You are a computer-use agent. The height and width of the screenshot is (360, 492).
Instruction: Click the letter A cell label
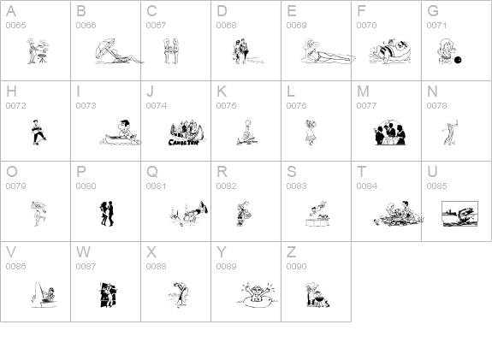click(x=11, y=11)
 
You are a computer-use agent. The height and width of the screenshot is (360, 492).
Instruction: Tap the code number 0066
click(x=86, y=26)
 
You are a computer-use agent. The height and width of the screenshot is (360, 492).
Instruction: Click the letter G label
click(x=433, y=11)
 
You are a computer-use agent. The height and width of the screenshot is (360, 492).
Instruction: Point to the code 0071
click(x=436, y=26)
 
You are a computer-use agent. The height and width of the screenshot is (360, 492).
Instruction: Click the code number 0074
click(x=156, y=106)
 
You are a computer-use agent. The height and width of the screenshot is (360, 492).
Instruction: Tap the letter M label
click(x=363, y=91)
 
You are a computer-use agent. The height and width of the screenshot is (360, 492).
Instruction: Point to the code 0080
click(x=86, y=186)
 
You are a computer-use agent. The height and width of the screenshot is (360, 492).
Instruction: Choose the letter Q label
click(x=151, y=172)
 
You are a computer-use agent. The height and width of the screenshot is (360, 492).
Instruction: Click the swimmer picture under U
click(x=458, y=212)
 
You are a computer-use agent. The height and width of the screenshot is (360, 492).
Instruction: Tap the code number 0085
click(x=436, y=186)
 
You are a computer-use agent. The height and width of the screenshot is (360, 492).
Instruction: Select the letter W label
click(x=83, y=252)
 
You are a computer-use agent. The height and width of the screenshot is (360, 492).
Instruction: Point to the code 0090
click(x=296, y=267)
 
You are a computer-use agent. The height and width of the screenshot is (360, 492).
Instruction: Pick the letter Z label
click(x=291, y=252)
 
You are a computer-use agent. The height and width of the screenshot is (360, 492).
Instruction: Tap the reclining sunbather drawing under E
click(x=325, y=53)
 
